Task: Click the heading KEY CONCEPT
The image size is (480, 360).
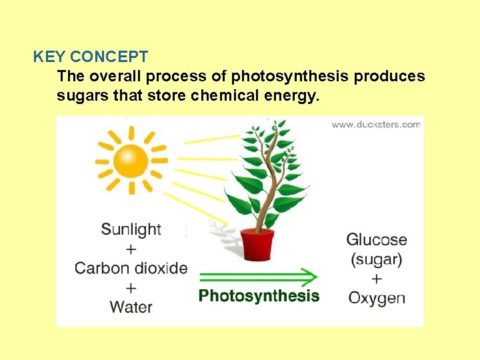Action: (91, 57)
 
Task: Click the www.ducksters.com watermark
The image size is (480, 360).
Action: (376, 124)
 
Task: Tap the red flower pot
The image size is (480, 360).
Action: (257, 245)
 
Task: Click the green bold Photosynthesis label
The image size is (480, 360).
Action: (259, 295)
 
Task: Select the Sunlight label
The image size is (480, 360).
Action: (131, 229)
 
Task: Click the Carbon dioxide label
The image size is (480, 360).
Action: (131, 268)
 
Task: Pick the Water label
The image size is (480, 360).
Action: (131, 307)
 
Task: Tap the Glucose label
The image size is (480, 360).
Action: (376, 239)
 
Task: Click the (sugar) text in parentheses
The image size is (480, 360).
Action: (376, 259)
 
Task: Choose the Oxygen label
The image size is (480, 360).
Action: (376, 297)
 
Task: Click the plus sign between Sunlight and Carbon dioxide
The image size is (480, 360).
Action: (131, 249)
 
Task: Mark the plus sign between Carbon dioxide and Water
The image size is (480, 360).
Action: (131, 287)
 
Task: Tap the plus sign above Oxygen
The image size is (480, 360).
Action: (377, 278)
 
